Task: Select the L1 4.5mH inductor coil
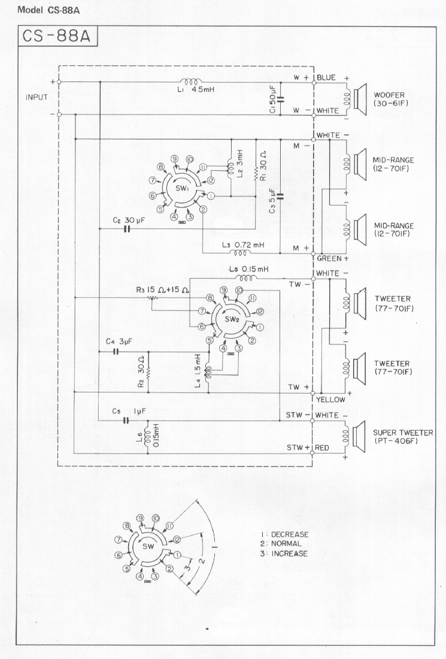193,81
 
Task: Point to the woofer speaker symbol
359,98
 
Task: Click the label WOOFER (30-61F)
394,99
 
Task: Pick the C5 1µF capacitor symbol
126,421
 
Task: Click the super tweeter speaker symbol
359,432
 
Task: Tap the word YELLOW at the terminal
332,400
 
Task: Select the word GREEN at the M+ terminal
329,259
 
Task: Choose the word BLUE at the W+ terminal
327,77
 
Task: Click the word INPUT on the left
37,97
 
